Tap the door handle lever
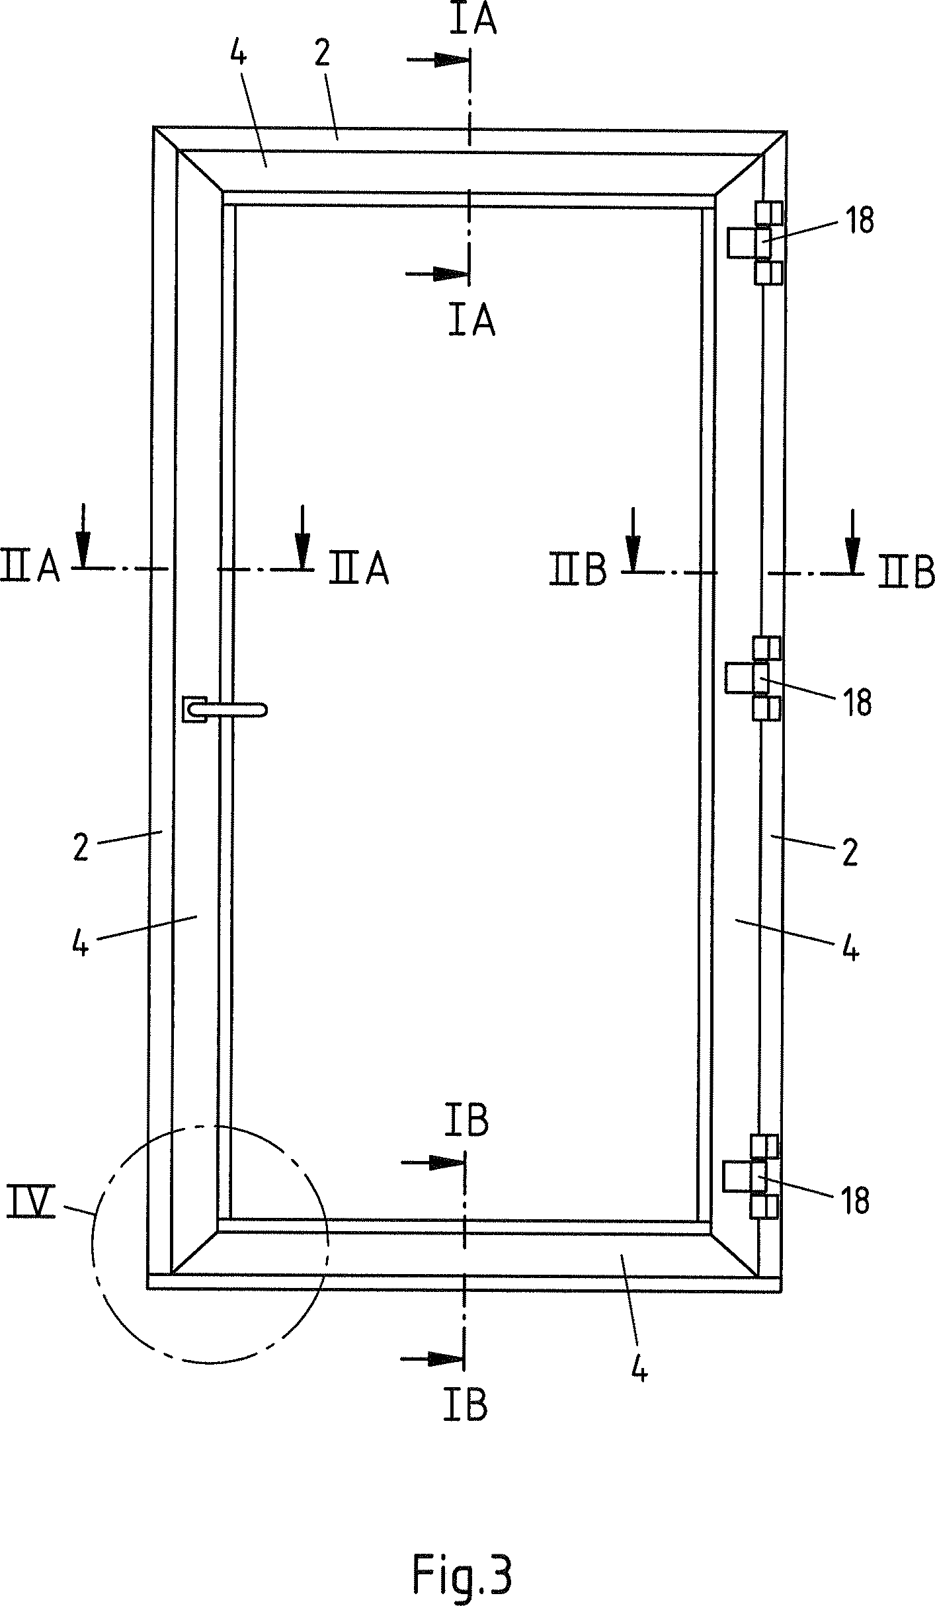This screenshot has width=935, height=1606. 225,710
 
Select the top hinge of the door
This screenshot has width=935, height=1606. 754,243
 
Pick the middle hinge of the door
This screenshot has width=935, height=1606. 753,678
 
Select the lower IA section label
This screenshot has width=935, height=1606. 471,321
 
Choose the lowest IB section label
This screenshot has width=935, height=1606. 466,1404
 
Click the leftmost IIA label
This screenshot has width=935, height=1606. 30,566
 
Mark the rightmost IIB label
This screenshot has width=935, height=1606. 906,572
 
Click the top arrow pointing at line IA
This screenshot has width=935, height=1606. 438,60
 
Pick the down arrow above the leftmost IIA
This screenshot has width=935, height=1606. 83,536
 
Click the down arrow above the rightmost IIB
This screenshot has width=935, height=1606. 852,541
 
